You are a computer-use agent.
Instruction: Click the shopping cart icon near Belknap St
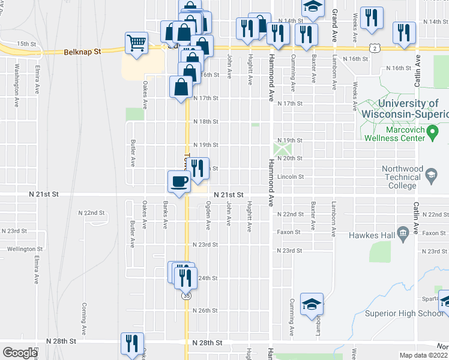(x=136, y=43)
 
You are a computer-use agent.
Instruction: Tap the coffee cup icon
(x=178, y=181)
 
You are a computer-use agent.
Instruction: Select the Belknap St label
(x=81, y=52)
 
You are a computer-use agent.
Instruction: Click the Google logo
(x=20, y=353)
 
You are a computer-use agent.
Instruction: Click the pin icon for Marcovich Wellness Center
(x=431, y=133)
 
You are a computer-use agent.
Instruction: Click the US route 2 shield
(x=375, y=47)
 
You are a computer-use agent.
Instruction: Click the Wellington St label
(x=25, y=248)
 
